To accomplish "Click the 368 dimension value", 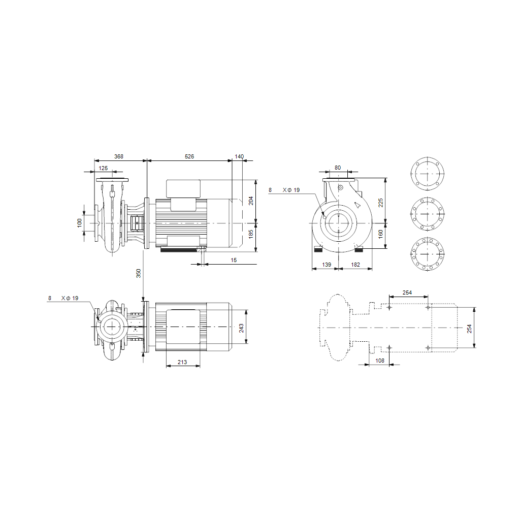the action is pyautogui.click(x=119, y=156).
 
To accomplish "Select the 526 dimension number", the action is pyautogui.click(x=189, y=156).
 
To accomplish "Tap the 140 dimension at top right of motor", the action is pyautogui.click(x=239, y=156).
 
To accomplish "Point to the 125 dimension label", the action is pyautogui.click(x=103, y=168).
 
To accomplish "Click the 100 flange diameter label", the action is pyautogui.click(x=80, y=223).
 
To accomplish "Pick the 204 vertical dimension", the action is pyautogui.click(x=251, y=201).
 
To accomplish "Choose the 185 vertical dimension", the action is pyautogui.click(x=251, y=234).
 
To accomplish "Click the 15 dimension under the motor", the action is pyautogui.click(x=234, y=261).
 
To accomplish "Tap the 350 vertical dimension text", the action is pyautogui.click(x=139, y=273).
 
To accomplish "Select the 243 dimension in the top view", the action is pyautogui.click(x=241, y=329).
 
